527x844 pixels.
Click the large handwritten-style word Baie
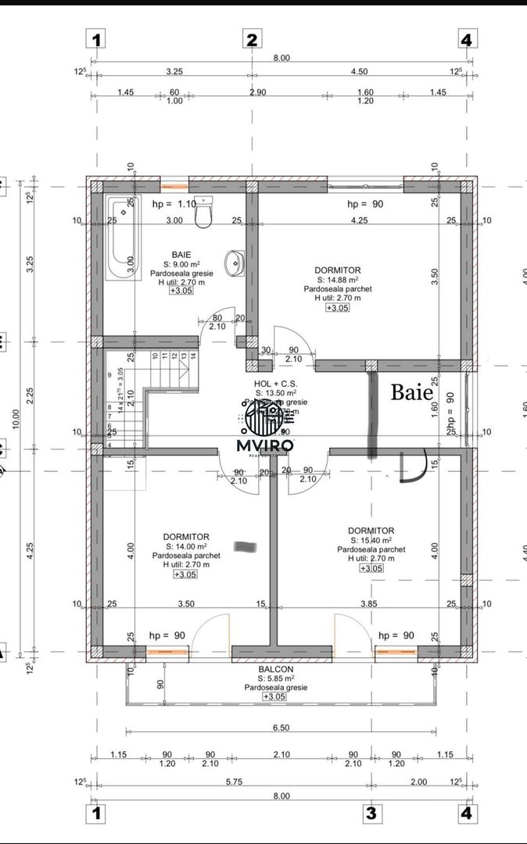pos(411,392)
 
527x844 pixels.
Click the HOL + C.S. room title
pos(274,383)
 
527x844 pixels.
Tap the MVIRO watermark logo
pos(265,426)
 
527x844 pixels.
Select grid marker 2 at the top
pos(252,40)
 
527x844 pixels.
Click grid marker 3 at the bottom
pos(371,814)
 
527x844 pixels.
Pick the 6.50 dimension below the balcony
pos(280,728)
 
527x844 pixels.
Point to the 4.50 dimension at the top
pos(359,71)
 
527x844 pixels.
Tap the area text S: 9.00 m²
pos(180,264)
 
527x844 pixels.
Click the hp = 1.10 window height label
pos(173,203)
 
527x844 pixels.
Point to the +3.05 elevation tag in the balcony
pos(274,696)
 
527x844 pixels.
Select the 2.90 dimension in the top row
pos(257,92)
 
